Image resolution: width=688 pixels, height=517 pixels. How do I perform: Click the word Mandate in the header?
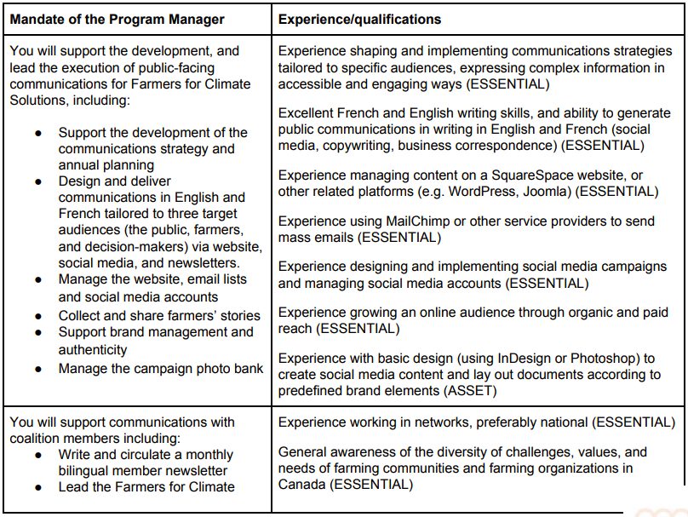40,19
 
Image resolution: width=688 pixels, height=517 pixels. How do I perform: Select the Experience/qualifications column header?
359,19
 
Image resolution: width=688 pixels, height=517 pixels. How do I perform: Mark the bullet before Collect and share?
38,316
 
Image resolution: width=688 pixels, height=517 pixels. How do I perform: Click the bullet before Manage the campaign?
38,369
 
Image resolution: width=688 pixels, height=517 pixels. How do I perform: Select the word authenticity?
93,349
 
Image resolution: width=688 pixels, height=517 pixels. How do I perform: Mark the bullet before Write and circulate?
38,455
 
